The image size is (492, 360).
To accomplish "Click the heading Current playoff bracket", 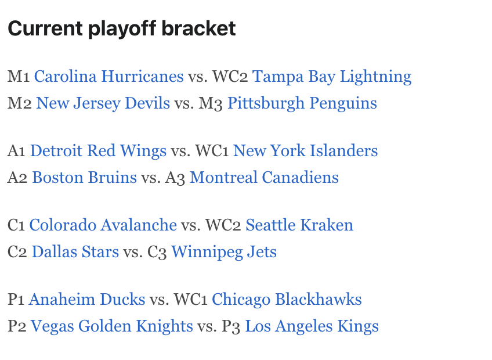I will coord(122,28).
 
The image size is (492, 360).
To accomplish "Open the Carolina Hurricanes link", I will coord(108,77).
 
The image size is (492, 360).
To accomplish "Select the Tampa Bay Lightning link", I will coord(331,77).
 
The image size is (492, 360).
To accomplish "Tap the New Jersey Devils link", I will coord(103,103).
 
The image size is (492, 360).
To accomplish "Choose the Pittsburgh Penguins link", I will coord(302,103).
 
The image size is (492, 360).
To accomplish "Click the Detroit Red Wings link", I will coord(98,151).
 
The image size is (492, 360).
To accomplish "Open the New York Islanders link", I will coord(305,151).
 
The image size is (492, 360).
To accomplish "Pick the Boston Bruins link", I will coord(84,178).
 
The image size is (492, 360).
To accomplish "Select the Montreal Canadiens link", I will coord(264,178).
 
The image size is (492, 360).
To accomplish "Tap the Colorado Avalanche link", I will coord(103,225).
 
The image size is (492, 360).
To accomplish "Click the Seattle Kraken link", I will coord(299,225).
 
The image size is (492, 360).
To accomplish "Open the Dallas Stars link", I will coord(75,252).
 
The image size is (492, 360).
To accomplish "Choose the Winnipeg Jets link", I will coord(223,252).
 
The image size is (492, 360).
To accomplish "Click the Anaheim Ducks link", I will coord(86,300).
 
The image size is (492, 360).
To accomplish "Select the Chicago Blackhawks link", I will coord(287,300).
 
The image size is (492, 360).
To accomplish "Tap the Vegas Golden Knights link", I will coord(111,326).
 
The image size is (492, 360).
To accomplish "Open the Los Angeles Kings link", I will coord(312,326).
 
